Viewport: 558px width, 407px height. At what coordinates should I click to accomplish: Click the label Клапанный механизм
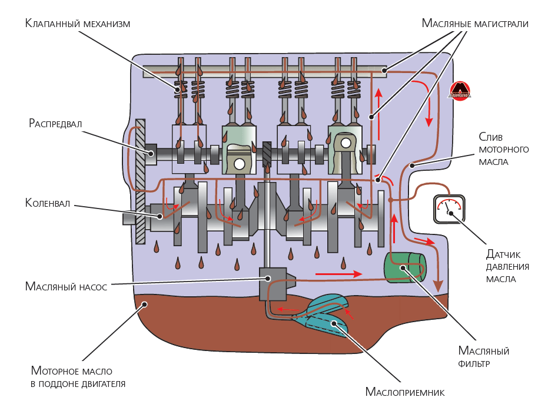click(77, 24)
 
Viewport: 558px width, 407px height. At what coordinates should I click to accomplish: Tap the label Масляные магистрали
click(475, 24)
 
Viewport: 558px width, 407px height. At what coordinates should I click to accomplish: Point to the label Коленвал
click(48, 203)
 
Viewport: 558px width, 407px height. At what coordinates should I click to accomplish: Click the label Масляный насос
click(66, 287)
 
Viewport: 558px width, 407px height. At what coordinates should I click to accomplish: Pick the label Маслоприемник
click(404, 392)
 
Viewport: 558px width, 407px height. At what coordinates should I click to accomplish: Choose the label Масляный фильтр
click(483, 357)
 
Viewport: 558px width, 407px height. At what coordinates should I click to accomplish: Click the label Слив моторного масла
click(503, 149)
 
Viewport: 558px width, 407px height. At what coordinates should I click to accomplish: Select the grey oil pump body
click(273, 282)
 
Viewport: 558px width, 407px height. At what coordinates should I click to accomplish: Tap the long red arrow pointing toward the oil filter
click(338, 274)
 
